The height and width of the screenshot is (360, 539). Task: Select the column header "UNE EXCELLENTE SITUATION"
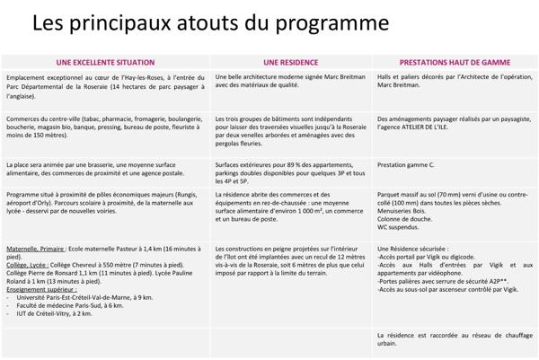[104, 63]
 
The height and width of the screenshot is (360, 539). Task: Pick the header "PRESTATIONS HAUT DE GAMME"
[455, 63]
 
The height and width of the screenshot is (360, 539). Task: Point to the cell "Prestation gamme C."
[406, 165]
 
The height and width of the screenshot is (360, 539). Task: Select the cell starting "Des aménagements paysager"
[454, 123]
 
